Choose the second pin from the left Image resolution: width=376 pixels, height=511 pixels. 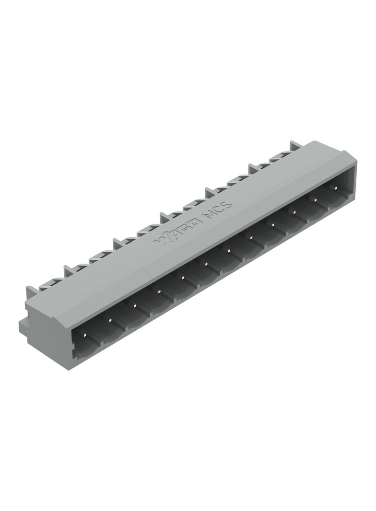pyautogui.click(x=110, y=319)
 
